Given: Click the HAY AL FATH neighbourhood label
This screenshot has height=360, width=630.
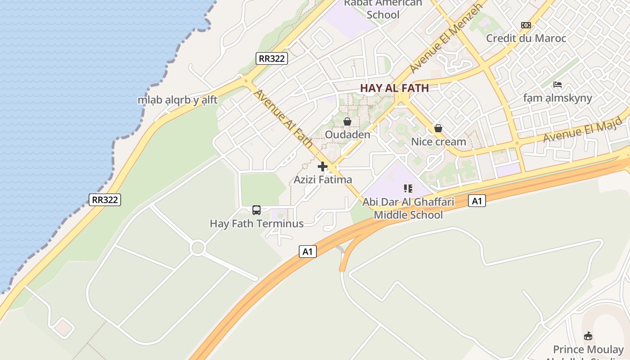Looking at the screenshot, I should (394, 88).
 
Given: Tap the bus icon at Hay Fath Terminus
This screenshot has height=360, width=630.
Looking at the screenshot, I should (256, 210).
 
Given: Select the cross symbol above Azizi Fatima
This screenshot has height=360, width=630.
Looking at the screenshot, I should (323, 167).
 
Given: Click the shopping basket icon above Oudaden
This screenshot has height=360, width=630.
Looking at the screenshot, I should (347, 121).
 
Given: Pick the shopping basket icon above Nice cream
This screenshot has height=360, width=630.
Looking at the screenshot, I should (438, 129).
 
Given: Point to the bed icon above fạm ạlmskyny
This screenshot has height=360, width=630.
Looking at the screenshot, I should (558, 85).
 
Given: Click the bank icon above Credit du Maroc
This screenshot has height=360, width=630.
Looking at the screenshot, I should (526, 25).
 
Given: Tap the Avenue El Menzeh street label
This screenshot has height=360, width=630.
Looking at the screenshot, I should (446, 38).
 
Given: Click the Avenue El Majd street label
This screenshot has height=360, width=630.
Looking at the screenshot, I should (582, 130).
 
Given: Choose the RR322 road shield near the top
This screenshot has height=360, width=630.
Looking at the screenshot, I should (272, 58).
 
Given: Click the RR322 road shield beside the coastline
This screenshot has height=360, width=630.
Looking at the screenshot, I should (105, 200).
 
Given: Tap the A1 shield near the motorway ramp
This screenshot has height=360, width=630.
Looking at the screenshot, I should (308, 252).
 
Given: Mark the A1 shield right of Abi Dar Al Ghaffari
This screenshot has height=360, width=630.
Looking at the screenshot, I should (477, 201).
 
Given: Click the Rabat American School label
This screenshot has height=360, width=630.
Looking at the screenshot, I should (383, 9).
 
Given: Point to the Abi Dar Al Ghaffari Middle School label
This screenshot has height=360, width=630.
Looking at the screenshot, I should (408, 208).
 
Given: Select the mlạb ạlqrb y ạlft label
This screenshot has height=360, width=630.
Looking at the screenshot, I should (177, 100).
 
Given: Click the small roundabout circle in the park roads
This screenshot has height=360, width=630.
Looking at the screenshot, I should (198, 247).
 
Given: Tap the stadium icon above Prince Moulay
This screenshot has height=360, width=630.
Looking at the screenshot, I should (588, 336).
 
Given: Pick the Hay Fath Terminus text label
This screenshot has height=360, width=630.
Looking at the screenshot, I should (256, 224).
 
